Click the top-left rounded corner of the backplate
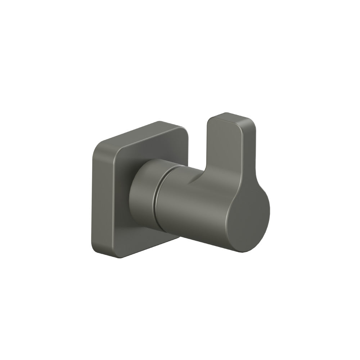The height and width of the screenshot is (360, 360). [x=99, y=148]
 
